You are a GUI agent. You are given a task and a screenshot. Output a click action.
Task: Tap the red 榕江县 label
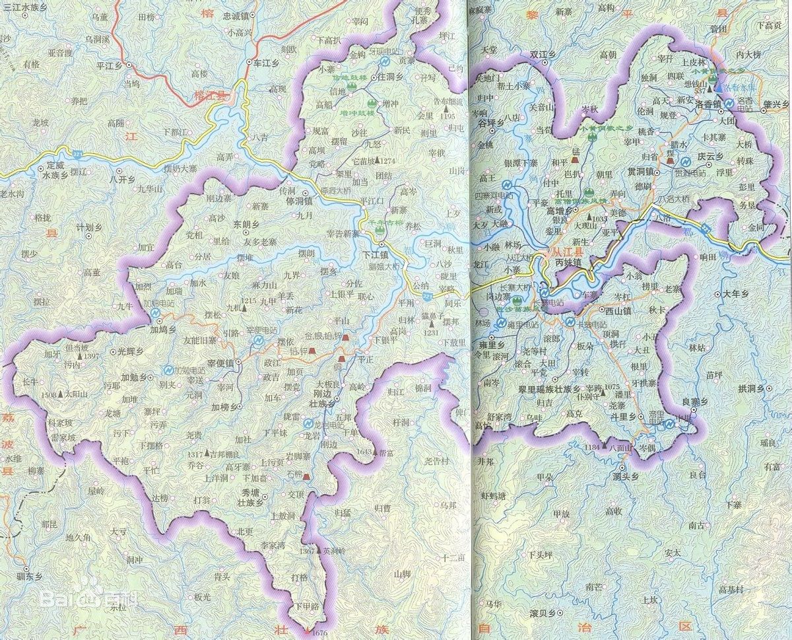click(210, 96)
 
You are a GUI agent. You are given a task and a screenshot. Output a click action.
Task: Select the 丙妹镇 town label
click(568, 263)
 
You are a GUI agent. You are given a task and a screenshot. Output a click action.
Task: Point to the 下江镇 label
click(374, 253)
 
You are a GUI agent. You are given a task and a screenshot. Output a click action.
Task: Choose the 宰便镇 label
click(221, 363)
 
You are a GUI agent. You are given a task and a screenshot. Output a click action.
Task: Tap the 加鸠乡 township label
click(162, 328)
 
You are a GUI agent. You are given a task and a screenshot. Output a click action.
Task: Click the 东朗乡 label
click(246, 225)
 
